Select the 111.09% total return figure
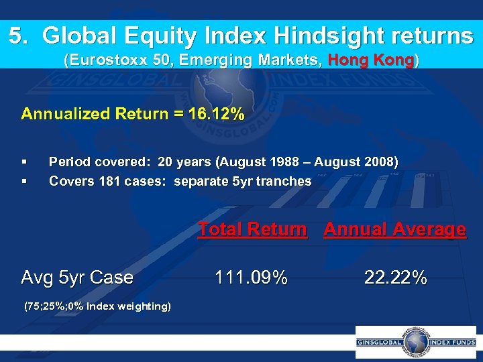(x=251, y=278)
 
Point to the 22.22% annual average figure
(x=395, y=278)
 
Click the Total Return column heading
(x=252, y=229)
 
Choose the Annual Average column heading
(x=394, y=229)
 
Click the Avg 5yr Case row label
(x=77, y=278)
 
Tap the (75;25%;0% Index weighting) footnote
(x=97, y=306)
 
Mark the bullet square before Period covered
(x=24, y=162)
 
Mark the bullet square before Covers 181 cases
(x=24, y=181)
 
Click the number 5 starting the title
(x=15, y=35)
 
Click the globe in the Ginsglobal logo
(x=415, y=342)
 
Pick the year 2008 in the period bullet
(x=380, y=162)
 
